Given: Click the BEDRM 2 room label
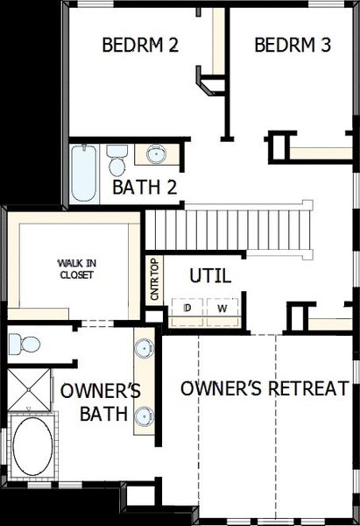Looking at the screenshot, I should pyautogui.click(x=140, y=45).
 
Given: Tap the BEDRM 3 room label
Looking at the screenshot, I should pyautogui.click(x=293, y=45).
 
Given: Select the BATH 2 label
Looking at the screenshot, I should pyautogui.click(x=145, y=187).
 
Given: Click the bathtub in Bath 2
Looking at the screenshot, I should pyautogui.click(x=85, y=173).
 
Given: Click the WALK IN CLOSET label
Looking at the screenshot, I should pyautogui.click(x=75, y=268).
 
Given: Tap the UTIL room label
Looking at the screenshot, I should pyautogui.click(x=210, y=276).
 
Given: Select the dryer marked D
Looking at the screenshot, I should pyautogui.click(x=187, y=309).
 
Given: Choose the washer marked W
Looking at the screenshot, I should pyautogui.click(x=222, y=309).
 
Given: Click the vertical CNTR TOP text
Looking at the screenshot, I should pyautogui.click(x=154, y=280).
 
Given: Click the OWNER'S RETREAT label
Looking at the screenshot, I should pyautogui.click(x=265, y=388).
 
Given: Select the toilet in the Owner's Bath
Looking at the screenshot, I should pyautogui.click(x=25, y=343).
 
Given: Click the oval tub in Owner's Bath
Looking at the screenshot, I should pyautogui.click(x=33, y=446).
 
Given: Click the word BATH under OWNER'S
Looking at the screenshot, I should pyautogui.click(x=103, y=413).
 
